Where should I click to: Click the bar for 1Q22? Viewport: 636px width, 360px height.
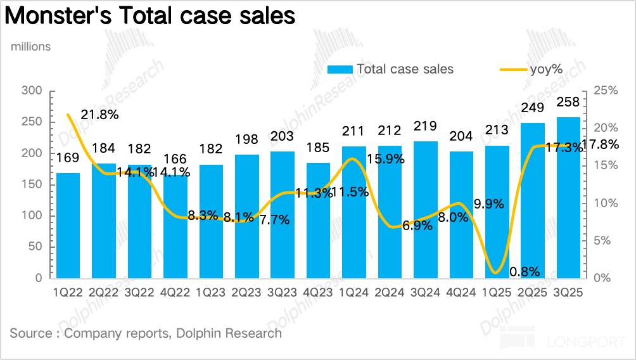(68, 225)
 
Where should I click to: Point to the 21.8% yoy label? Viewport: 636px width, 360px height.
(101, 115)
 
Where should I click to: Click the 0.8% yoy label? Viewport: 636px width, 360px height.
(525, 272)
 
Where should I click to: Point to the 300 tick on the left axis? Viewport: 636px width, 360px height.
(32, 91)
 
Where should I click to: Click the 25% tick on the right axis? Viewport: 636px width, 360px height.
(606, 91)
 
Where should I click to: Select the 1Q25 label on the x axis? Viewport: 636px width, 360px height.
(497, 293)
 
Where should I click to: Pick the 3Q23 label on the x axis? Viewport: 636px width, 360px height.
(283, 293)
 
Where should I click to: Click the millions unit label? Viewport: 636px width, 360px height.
(30, 46)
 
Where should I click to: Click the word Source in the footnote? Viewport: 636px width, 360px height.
(31, 333)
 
